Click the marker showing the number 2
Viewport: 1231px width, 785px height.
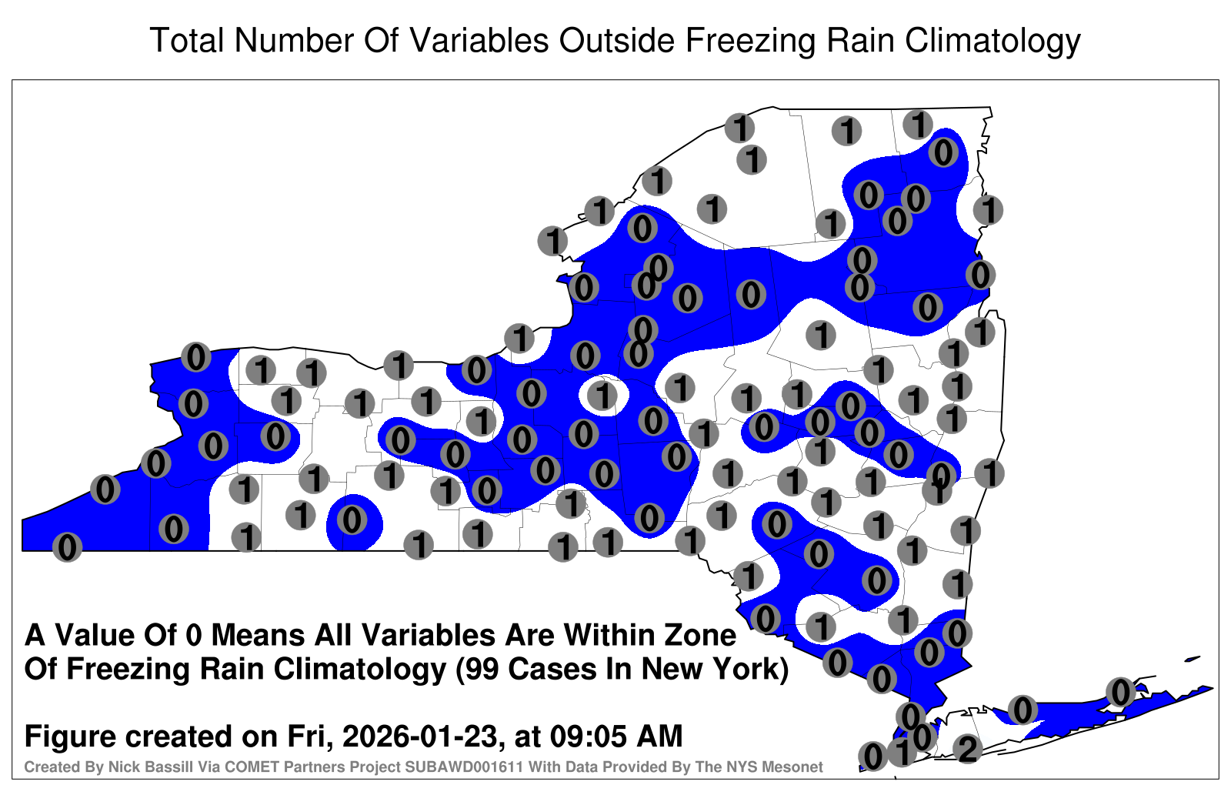pos(967,748)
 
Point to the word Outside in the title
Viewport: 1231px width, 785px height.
pos(617,40)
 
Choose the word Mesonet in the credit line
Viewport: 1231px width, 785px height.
pos(795,767)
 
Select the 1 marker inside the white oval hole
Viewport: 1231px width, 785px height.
pos(603,396)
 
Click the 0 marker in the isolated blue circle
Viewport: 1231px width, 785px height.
pos(352,519)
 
